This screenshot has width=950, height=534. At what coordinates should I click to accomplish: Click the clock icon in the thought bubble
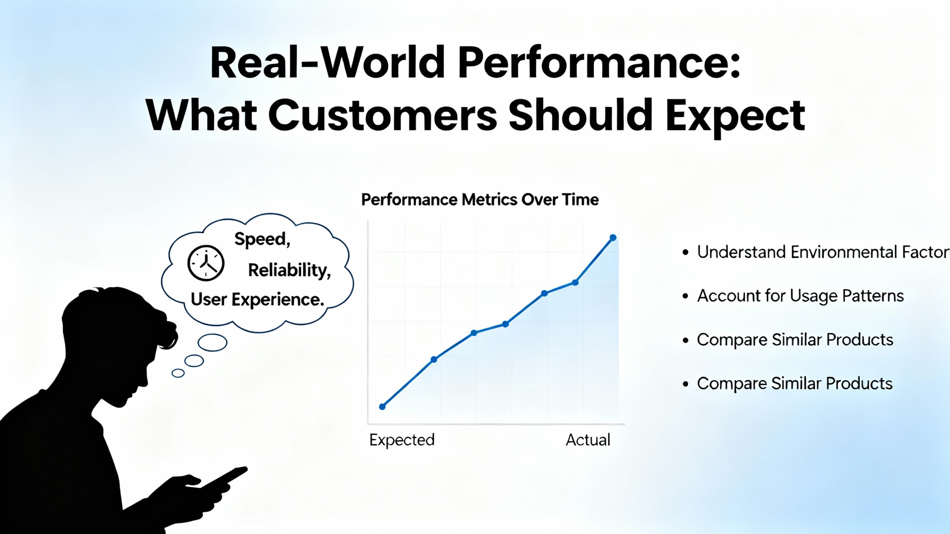(x=206, y=263)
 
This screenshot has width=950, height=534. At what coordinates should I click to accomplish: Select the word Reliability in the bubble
(x=289, y=270)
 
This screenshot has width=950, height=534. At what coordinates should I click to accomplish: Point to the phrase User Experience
(x=258, y=299)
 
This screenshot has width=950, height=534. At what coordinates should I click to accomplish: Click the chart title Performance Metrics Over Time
(x=480, y=200)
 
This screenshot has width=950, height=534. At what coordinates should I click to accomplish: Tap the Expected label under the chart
(x=402, y=440)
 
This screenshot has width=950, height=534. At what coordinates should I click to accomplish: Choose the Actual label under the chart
(x=588, y=440)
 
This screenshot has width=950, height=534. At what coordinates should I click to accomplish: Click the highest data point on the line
(x=613, y=238)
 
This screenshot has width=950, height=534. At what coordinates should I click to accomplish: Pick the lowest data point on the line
(x=382, y=407)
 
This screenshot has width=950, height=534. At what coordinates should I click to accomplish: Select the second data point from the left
(x=434, y=359)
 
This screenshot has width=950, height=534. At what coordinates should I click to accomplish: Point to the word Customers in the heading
(x=382, y=115)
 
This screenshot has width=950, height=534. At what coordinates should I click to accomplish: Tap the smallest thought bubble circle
(x=178, y=373)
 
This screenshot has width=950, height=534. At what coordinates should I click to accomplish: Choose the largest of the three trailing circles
(x=212, y=342)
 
